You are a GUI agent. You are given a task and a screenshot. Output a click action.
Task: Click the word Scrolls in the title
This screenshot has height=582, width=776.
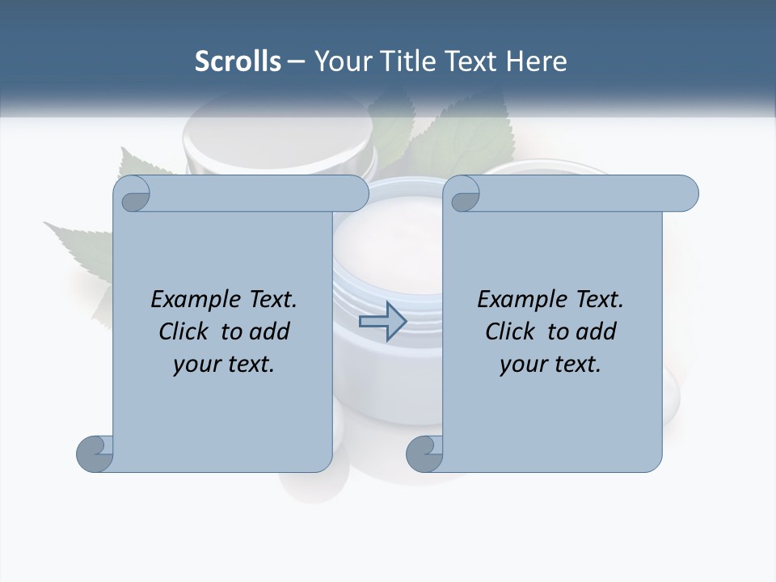coord(238,61)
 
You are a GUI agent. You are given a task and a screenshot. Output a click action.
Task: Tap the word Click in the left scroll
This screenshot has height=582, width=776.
coord(186,331)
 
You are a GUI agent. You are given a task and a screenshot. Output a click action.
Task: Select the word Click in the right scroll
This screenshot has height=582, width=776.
coord(512,331)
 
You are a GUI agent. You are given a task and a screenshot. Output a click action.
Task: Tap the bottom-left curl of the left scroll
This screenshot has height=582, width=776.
coord(95,453)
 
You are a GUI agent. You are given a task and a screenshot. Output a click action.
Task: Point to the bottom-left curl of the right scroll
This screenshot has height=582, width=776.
coord(424,453)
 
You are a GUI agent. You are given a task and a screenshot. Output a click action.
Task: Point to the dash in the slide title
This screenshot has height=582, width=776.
coord(296,61)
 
